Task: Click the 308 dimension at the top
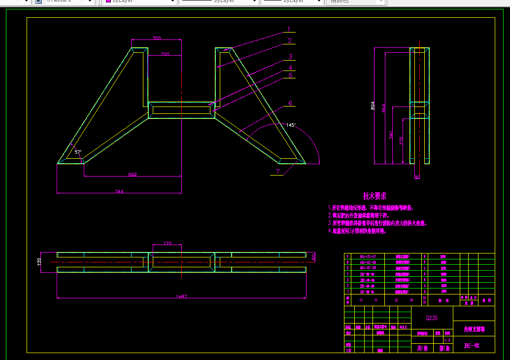click(157, 38)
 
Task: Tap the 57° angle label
click(78, 152)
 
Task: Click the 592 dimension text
click(133, 174)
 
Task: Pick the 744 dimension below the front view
click(120, 191)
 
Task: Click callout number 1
click(289, 30)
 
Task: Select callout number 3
click(291, 57)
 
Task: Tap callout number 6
click(290, 103)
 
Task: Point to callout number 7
click(277, 171)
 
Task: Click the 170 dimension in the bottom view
click(167, 243)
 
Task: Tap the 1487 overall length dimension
click(181, 296)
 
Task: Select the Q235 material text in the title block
click(432, 318)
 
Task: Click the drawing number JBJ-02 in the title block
click(472, 346)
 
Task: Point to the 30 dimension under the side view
click(417, 177)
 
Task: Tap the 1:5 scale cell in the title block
click(447, 340)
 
